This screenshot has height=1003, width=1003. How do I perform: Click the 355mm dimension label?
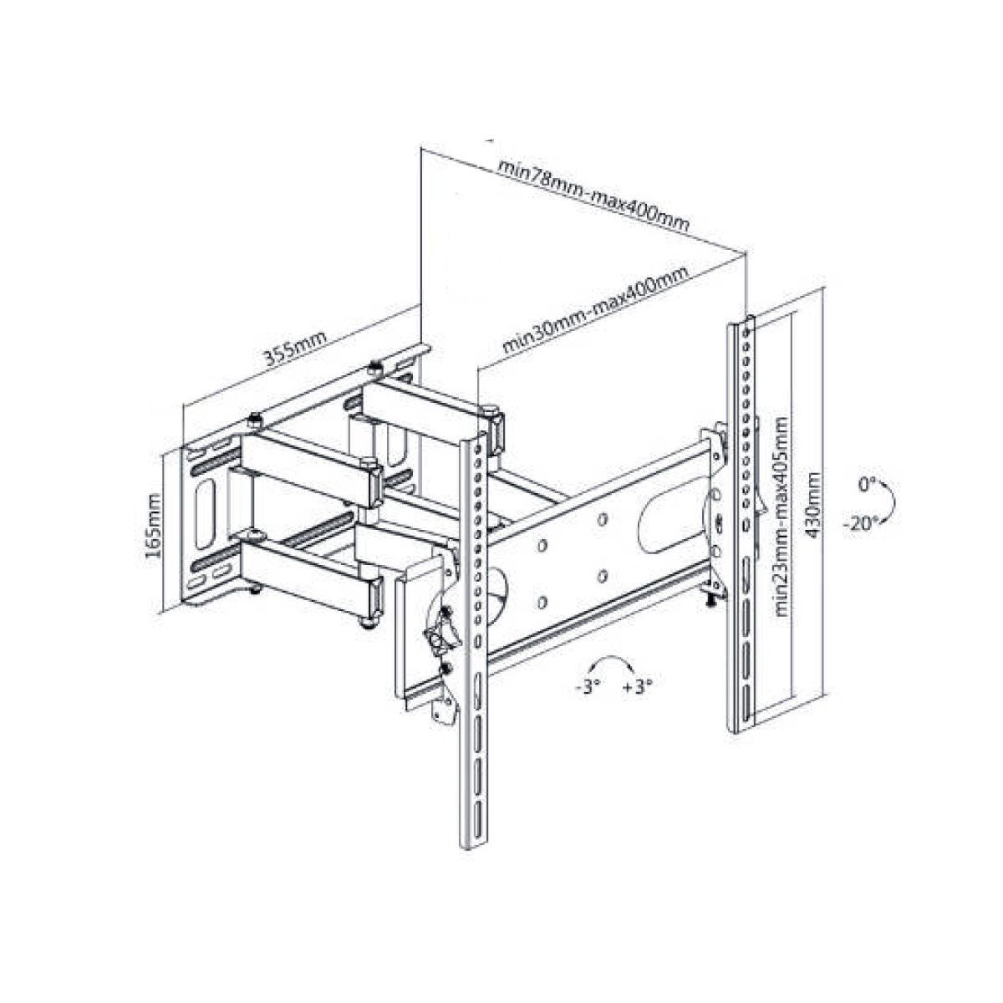pos(295,349)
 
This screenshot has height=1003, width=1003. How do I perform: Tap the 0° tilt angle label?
pos(866,486)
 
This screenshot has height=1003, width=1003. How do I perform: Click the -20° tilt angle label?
pos(859,524)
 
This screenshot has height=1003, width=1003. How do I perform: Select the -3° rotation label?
pos(585,687)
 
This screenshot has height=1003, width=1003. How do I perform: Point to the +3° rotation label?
pos(637,687)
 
